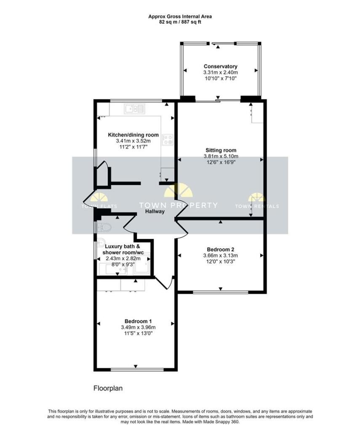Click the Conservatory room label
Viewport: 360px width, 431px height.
click(x=220, y=66)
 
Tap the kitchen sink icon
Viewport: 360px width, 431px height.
click(x=134, y=109)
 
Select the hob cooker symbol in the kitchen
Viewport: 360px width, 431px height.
click(x=168, y=139)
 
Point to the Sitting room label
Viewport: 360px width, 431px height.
click(x=221, y=150)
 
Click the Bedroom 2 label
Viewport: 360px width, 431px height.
click(x=220, y=250)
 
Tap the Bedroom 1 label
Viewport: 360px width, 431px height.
click(x=138, y=321)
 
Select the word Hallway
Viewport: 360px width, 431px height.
click(x=155, y=211)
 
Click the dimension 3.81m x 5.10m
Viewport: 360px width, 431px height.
click(x=221, y=157)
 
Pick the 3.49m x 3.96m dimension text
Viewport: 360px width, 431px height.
click(x=138, y=327)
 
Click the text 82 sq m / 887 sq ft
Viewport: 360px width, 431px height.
click(x=180, y=22)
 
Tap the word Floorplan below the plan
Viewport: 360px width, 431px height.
click(x=108, y=388)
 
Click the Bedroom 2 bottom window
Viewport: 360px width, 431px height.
click(x=221, y=292)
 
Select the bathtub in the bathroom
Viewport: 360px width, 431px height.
click(x=113, y=269)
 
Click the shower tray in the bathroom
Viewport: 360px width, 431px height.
click(x=141, y=263)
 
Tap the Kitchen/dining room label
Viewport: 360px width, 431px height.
click(x=133, y=135)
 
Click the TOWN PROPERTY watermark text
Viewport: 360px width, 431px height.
click(x=178, y=205)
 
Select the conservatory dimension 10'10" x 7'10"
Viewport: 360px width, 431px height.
click(x=221, y=78)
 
